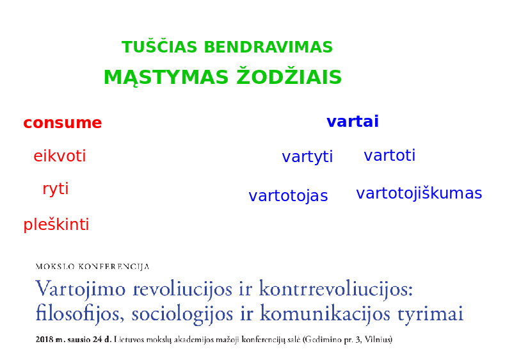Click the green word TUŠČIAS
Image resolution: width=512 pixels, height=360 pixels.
coord(159,46)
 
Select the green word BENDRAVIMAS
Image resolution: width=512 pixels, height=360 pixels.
coord(268,47)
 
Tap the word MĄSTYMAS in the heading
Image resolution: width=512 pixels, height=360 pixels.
coord(166,78)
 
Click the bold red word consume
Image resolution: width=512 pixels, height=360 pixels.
coord(63,123)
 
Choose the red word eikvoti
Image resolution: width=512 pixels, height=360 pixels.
coord(60,156)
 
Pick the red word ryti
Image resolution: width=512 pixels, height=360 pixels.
coord(56,189)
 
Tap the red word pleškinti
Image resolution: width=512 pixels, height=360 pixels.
coord(56,224)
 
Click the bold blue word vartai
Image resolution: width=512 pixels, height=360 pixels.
coord(353,121)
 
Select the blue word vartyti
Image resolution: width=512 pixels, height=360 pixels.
coord(307,157)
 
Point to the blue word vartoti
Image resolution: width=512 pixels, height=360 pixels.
coord(390,155)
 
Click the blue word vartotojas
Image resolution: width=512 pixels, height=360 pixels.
coord(288,195)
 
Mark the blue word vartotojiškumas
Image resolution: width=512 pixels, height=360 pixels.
coord(419,193)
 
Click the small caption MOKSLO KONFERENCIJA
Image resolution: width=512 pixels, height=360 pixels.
coord(92,266)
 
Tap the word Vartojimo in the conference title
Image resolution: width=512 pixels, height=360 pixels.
coord(81,290)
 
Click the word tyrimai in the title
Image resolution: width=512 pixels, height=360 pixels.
coord(430,314)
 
